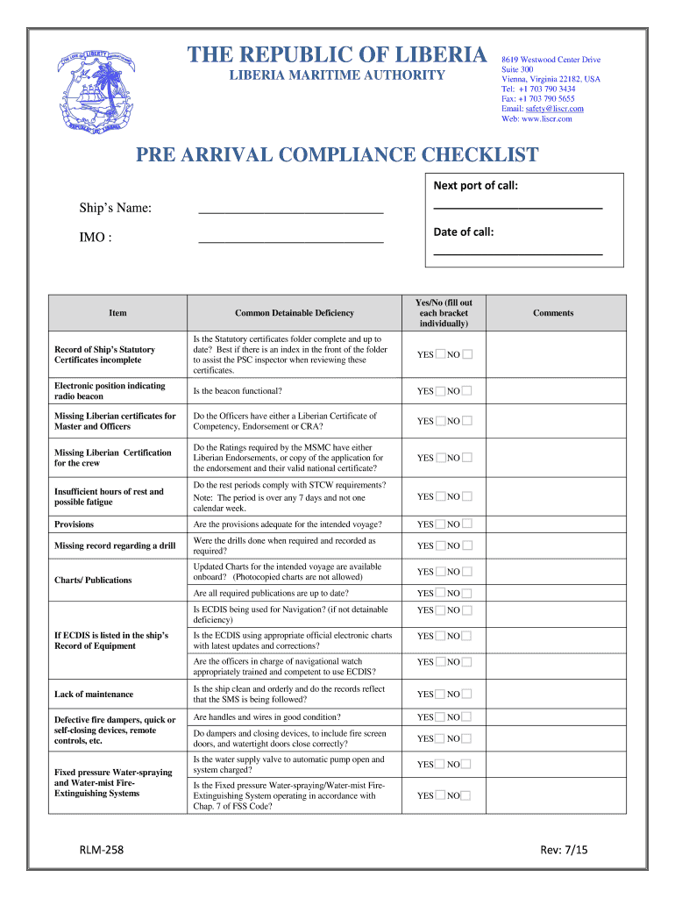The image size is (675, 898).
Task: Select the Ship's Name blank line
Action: pos(291,210)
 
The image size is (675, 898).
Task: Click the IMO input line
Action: pos(291,239)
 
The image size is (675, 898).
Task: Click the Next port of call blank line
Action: pos(517,206)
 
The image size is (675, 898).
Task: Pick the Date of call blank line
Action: pos(517,253)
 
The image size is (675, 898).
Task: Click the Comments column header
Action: pos(553,313)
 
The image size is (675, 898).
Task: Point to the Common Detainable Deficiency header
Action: pos(295,313)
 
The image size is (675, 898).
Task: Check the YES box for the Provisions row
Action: pos(440,524)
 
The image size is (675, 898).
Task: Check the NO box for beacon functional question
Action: pos(466,391)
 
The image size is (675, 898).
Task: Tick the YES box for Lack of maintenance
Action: pos(440,695)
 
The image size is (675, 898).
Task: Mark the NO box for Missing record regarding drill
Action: pos(466,545)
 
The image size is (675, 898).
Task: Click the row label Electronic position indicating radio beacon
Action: pos(110,391)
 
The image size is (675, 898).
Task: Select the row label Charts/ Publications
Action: pos(93,581)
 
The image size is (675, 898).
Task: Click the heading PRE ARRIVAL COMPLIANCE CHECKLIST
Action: pos(337,156)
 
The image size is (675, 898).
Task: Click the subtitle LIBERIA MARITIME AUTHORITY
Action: pos(337,75)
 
